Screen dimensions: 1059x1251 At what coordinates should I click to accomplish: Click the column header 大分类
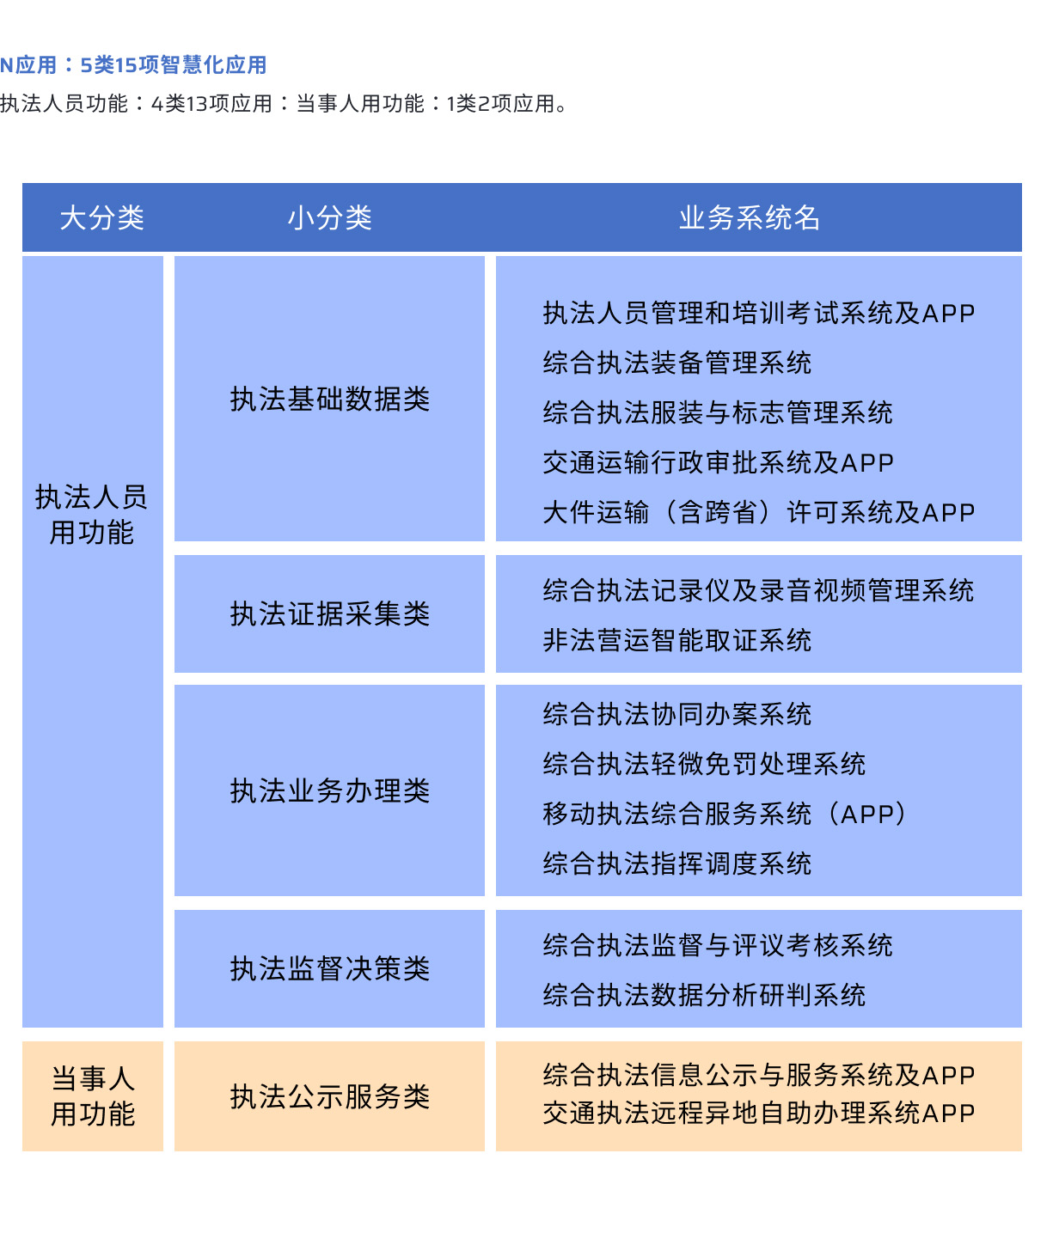pyautogui.click(x=101, y=218)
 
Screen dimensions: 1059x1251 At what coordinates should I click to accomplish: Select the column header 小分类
pyautogui.click(x=329, y=218)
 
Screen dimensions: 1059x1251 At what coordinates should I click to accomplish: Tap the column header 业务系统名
pyautogui.click(x=749, y=218)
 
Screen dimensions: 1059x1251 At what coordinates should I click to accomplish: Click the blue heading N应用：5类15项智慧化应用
pyautogui.click(x=133, y=64)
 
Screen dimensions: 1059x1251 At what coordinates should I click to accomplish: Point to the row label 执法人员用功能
pyautogui.click(x=91, y=515)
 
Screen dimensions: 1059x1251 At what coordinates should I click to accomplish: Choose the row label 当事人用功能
pyautogui.click(x=93, y=1096)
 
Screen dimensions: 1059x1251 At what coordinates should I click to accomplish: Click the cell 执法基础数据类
pyautogui.click(x=330, y=399)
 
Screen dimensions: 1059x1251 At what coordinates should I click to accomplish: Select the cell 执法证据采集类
pyautogui.click(x=330, y=613)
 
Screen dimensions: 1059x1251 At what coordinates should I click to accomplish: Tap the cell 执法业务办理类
pyautogui.click(x=330, y=790)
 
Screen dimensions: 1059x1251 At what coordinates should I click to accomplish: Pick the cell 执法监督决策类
pyautogui.click(x=330, y=968)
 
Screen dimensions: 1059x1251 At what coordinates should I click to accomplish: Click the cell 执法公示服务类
pyautogui.click(x=330, y=1096)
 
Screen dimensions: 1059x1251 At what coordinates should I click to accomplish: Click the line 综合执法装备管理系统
pyautogui.click(x=677, y=363)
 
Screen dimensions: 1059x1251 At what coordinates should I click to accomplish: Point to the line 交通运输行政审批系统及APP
pyautogui.click(x=718, y=463)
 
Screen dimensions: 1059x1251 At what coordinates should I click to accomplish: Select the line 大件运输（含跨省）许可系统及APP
pyautogui.click(x=759, y=513)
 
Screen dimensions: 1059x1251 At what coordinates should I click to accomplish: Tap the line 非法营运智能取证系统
pyautogui.click(x=677, y=640)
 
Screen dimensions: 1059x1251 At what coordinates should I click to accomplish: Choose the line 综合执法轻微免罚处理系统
pyautogui.click(x=704, y=764)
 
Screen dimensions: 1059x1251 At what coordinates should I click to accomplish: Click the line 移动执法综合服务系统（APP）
pyautogui.click(x=725, y=814)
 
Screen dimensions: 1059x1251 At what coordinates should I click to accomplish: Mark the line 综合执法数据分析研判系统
pyautogui.click(x=704, y=996)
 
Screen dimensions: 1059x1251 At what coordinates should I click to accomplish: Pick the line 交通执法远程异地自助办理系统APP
pyautogui.click(x=759, y=1113)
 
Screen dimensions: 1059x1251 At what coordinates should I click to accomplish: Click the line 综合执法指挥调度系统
pyautogui.click(x=677, y=863)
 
